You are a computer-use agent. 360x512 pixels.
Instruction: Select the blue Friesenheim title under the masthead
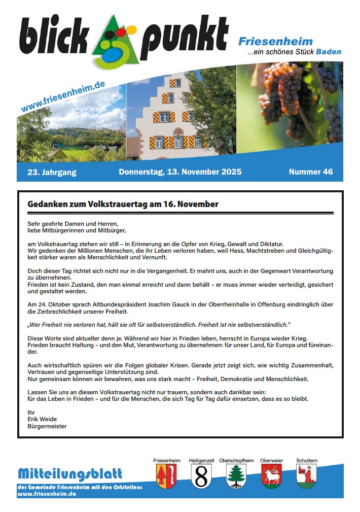coord(275,42)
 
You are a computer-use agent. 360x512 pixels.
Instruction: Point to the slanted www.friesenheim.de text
coord(63,96)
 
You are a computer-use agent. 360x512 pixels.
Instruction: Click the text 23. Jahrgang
coord(52,172)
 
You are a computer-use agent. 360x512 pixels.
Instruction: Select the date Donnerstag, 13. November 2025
coord(180,172)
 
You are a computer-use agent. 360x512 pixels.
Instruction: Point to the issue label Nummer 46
coord(311,172)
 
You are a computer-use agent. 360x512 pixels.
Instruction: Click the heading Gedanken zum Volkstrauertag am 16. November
coord(123,204)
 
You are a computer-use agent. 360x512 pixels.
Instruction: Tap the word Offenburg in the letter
coord(268,304)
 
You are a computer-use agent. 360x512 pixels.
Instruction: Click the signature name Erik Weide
coord(42,419)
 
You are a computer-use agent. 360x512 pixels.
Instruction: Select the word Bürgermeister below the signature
coord(47,426)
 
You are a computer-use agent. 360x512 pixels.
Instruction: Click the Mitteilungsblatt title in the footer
coord(70,474)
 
